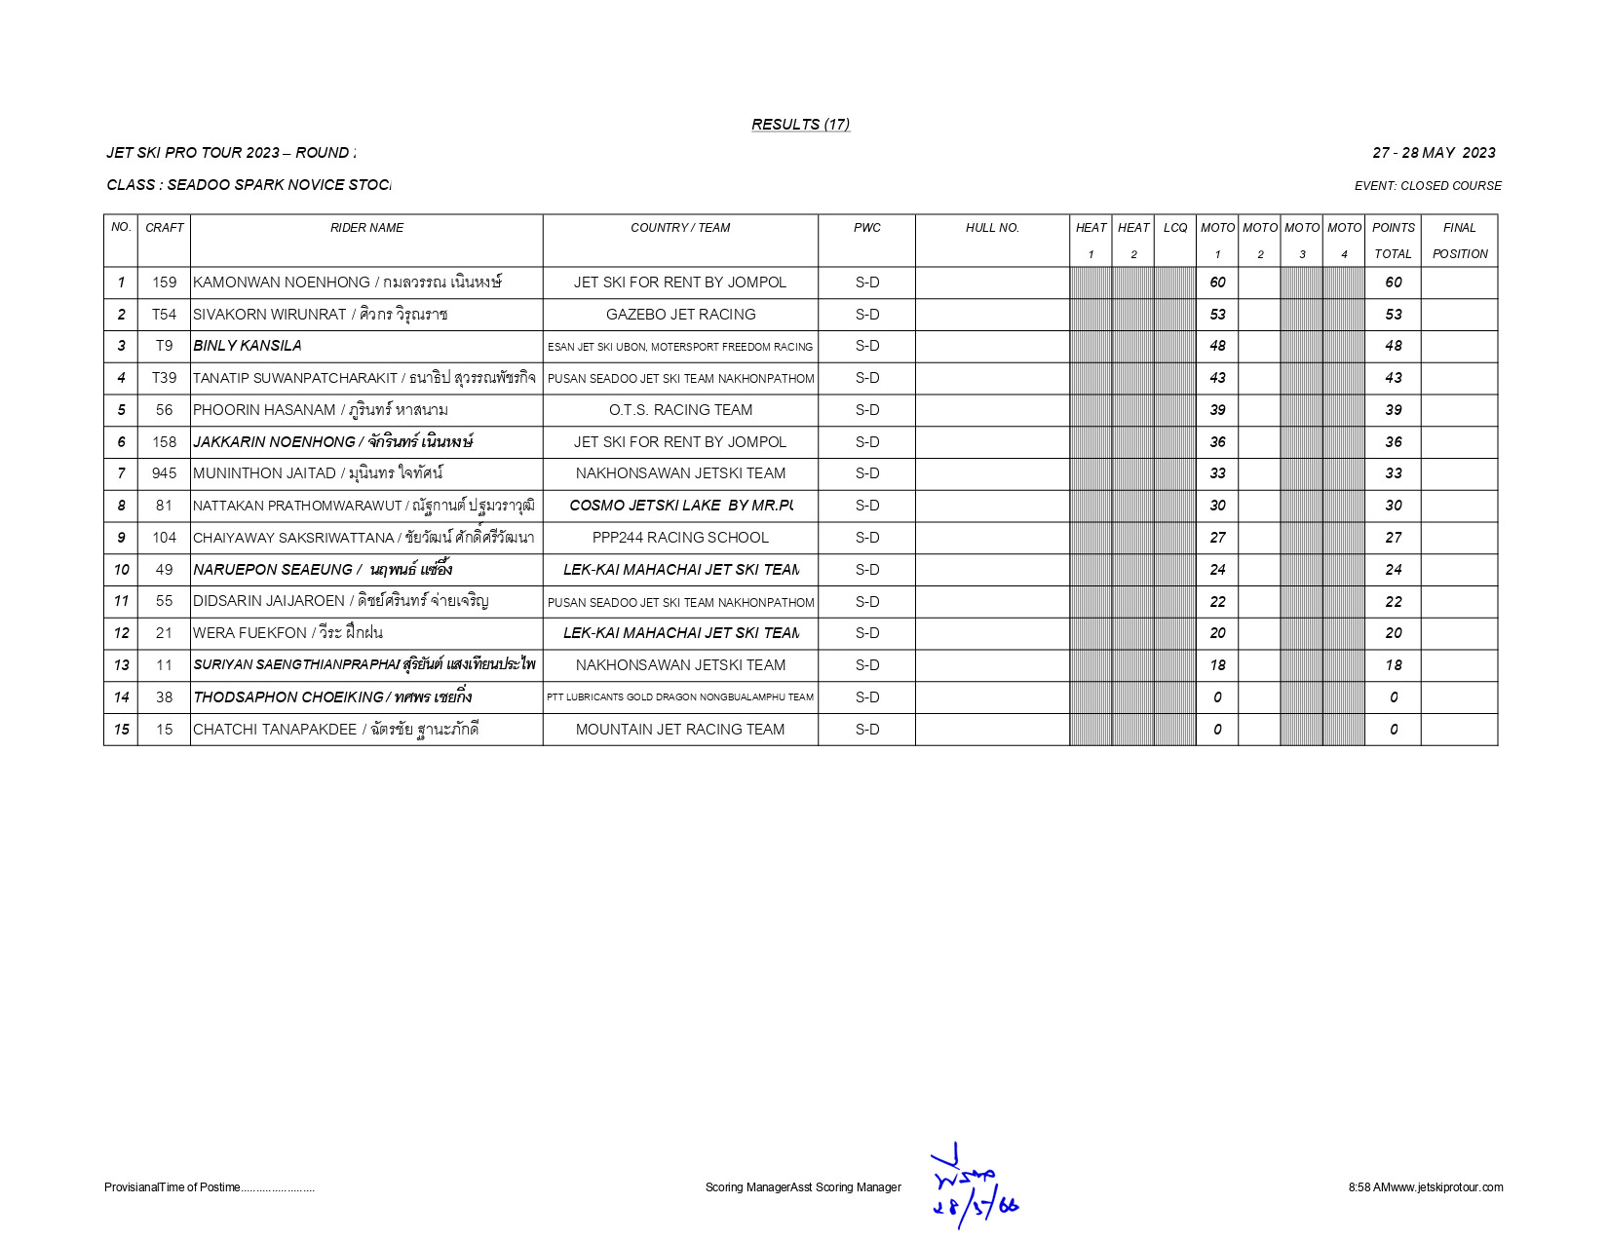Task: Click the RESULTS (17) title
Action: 800,125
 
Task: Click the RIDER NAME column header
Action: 366,228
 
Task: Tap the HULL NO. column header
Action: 992,228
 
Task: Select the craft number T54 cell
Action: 164,315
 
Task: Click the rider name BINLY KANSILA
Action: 248,346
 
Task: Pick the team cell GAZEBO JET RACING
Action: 680,315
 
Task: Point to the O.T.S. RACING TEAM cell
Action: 680,410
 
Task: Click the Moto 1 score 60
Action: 1217,282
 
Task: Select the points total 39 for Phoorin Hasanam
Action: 1393,410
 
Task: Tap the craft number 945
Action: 164,473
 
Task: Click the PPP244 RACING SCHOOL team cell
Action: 680,538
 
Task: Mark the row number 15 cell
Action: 121,730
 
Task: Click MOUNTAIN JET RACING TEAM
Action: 680,730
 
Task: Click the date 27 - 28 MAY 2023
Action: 1434,153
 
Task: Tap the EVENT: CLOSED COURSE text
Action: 1428,186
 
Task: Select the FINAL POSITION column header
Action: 1459,241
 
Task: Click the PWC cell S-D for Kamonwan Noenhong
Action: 866,282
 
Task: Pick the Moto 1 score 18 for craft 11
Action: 1217,665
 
